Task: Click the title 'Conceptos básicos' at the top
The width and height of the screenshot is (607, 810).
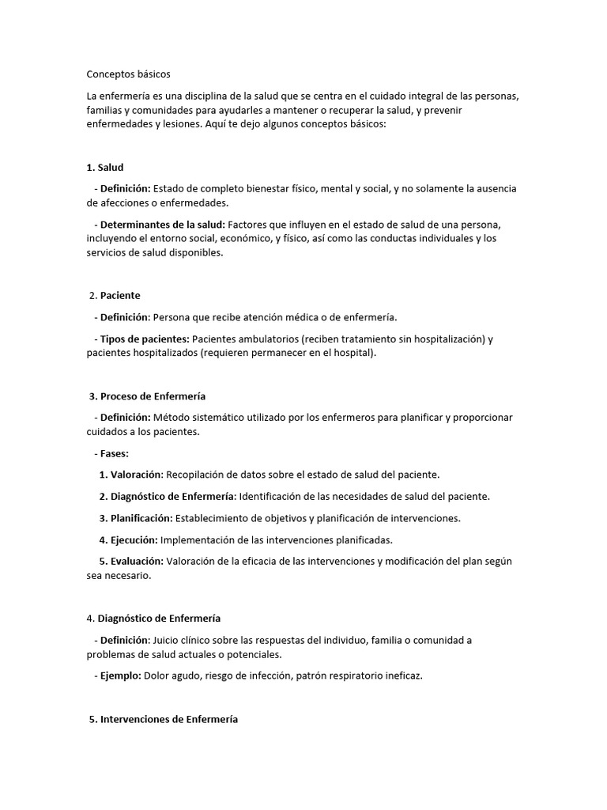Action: pyautogui.click(x=128, y=74)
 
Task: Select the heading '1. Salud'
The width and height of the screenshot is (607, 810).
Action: pyautogui.click(x=105, y=167)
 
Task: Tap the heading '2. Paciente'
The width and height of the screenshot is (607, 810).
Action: pyautogui.click(x=115, y=295)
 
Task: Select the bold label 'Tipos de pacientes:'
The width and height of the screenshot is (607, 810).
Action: pyautogui.click(x=145, y=339)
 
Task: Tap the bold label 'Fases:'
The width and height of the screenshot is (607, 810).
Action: pyautogui.click(x=115, y=453)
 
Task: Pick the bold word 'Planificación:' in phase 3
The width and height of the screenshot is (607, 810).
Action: pyautogui.click(x=141, y=518)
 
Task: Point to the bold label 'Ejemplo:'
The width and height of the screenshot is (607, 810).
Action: pyautogui.click(x=120, y=676)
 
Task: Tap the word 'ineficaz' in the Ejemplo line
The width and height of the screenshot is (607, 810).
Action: pyautogui.click(x=402, y=676)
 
